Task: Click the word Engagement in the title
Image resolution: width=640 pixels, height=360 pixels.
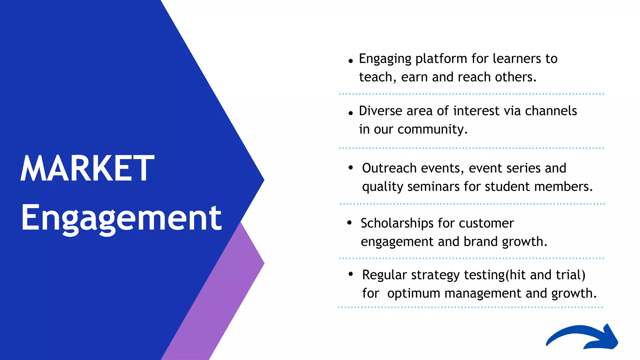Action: click(x=121, y=218)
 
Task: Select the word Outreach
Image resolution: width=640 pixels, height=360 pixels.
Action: click(x=389, y=168)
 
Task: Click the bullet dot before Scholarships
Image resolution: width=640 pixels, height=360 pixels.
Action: click(x=349, y=222)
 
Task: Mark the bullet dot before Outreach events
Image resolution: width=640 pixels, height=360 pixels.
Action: click(x=351, y=168)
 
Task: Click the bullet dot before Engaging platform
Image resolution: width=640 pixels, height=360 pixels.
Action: click(x=351, y=61)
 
